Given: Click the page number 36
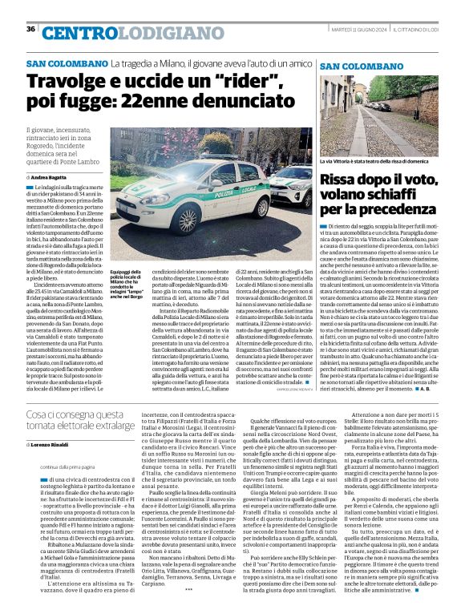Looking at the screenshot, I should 30,29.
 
